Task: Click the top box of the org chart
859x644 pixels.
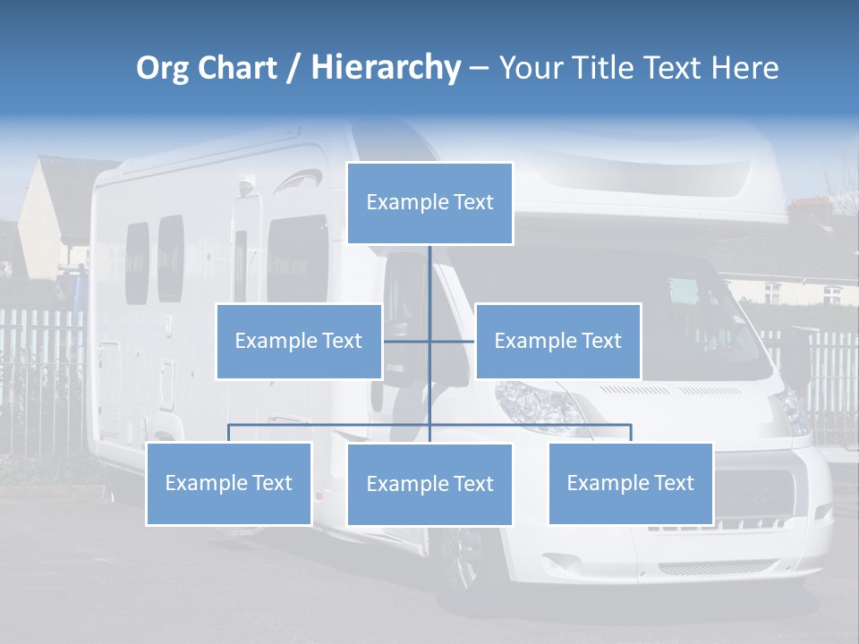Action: (429, 203)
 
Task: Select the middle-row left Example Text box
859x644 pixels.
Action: (299, 341)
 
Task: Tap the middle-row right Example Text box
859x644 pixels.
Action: (557, 341)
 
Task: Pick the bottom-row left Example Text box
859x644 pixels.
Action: (229, 483)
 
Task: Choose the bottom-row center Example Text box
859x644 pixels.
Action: (429, 484)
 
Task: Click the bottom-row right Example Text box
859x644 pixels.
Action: (631, 483)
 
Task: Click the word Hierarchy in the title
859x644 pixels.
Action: (386, 67)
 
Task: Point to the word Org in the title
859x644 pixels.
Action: (162, 68)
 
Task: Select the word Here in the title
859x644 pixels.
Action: (744, 68)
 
